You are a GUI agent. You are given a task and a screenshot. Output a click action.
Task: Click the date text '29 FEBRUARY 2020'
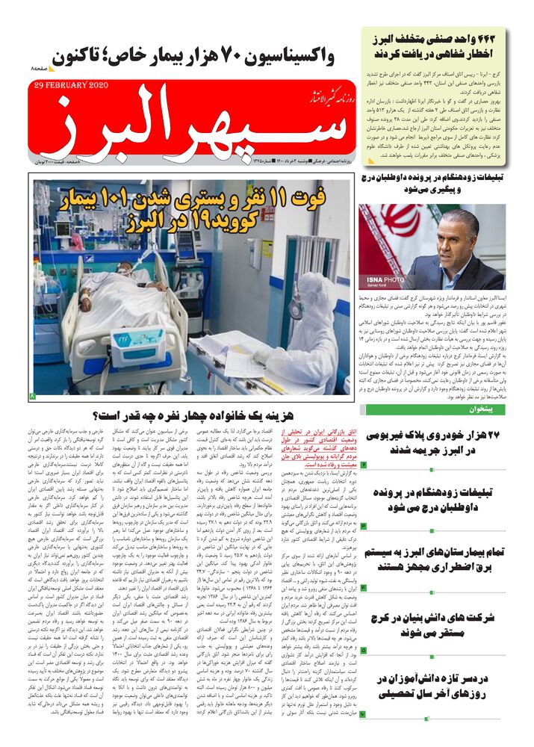click(71, 85)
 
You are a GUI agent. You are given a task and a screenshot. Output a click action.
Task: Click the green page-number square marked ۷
click(363, 715)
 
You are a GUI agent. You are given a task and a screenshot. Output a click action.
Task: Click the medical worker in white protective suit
click(306, 329)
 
